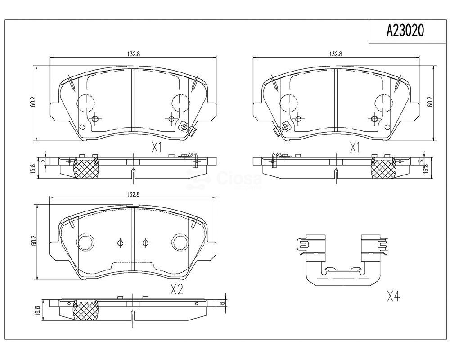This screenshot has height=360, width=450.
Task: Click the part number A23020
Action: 405,31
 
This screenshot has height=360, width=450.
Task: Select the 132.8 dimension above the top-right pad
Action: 336,54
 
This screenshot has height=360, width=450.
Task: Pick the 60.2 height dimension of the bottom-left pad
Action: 34,241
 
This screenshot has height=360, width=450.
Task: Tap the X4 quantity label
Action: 393,296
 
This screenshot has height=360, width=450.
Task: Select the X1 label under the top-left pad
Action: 157,148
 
